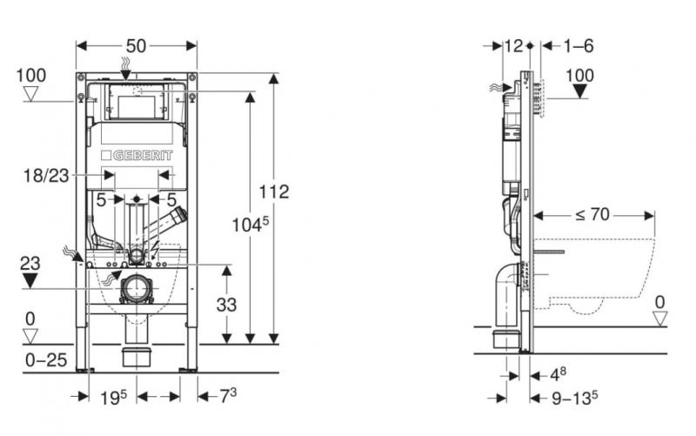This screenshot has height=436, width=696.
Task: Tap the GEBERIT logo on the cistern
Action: pos(137,155)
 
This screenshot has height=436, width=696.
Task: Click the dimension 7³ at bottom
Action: pos(227,397)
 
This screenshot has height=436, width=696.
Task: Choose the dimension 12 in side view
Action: pos(513,45)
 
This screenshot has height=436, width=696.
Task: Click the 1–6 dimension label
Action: pos(577,45)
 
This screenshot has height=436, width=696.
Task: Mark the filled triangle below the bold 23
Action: pos(31,280)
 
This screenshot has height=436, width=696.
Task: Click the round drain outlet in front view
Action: pos(137,288)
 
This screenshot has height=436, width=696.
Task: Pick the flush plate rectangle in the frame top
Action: pos(137,107)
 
